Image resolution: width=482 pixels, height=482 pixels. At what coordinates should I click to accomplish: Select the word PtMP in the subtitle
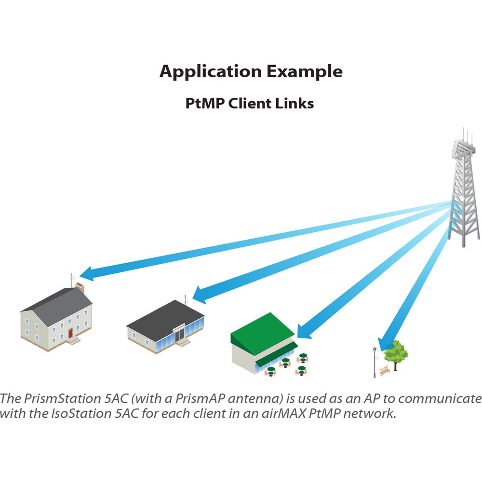pyautogui.click(x=205, y=103)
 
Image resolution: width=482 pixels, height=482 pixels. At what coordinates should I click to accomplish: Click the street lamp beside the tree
pyautogui.click(x=375, y=362)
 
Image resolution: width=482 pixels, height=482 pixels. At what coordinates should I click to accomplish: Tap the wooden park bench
pyautogui.click(x=384, y=370)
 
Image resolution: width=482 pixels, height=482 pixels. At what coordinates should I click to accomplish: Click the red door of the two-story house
pyautogui.click(x=70, y=333)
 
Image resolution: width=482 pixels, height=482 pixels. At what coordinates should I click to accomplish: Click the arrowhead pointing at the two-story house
pyautogui.click(x=87, y=274)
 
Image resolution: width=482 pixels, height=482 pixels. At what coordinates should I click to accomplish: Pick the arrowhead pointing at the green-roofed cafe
pyautogui.click(x=304, y=331)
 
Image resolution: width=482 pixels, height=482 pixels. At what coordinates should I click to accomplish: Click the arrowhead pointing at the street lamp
pyautogui.click(x=384, y=344)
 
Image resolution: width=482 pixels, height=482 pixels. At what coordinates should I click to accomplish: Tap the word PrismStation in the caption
pyautogui.click(x=62, y=399)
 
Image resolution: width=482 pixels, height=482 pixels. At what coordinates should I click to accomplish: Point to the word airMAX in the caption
pyautogui.click(x=284, y=414)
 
